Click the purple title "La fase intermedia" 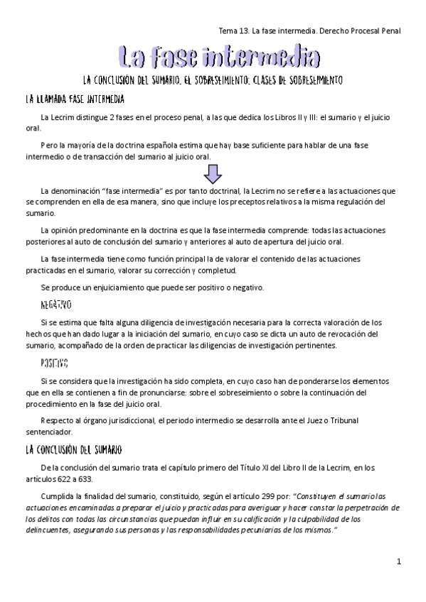pyautogui.click(x=218, y=56)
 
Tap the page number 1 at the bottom pyautogui.click(x=400, y=562)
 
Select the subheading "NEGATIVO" pyautogui.click(x=56, y=305)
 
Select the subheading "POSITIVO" pyautogui.click(x=55, y=363)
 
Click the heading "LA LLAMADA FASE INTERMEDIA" pyautogui.click(x=75, y=99)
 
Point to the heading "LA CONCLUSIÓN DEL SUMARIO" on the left pyautogui.click(x=74, y=449)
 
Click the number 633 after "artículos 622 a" pyautogui.click(x=85, y=478)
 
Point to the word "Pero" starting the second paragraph pyautogui.click(x=50, y=145)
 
